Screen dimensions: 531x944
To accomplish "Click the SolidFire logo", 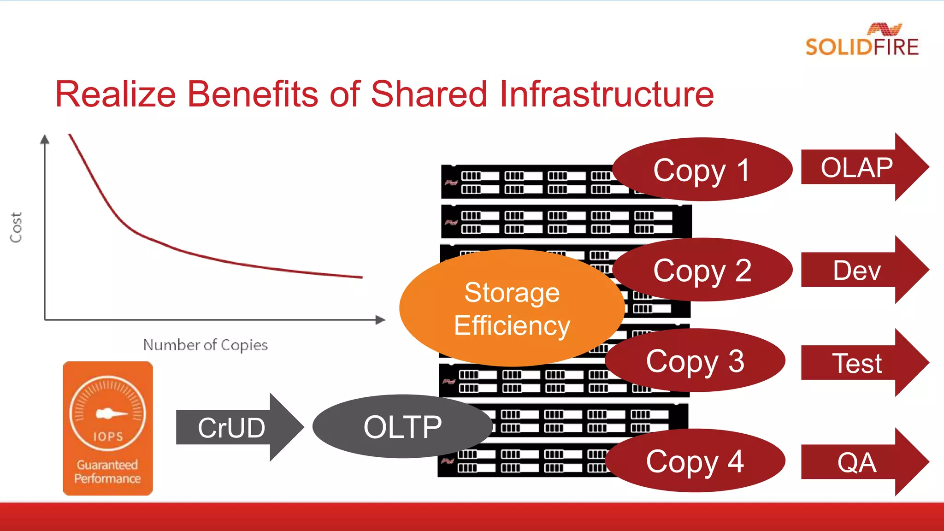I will click(862, 41).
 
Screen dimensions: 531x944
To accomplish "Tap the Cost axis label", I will click(16, 227).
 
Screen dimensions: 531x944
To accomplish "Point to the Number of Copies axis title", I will click(205, 345).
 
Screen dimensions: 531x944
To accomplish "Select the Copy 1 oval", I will click(702, 170).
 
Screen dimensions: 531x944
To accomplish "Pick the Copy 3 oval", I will click(695, 360).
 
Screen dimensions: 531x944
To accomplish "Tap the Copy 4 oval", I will click(695, 461).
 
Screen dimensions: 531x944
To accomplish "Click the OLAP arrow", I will click(862, 167).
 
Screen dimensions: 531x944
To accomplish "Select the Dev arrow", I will click(862, 270).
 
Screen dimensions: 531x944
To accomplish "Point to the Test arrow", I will click(862, 363).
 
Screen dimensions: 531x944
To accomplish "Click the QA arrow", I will click(862, 462).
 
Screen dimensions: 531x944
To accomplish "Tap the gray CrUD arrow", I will click(235, 427).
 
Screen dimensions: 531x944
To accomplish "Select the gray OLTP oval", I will click(402, 426).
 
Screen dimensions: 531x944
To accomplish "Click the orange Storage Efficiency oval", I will click(512, 308).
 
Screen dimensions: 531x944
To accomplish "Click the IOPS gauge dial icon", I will click(107, 413).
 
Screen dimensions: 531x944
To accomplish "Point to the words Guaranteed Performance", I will click(107, 472).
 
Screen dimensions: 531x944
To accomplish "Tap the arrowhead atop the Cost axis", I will click(45, 139).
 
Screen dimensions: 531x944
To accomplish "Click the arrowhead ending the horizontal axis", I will click(380, 319).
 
